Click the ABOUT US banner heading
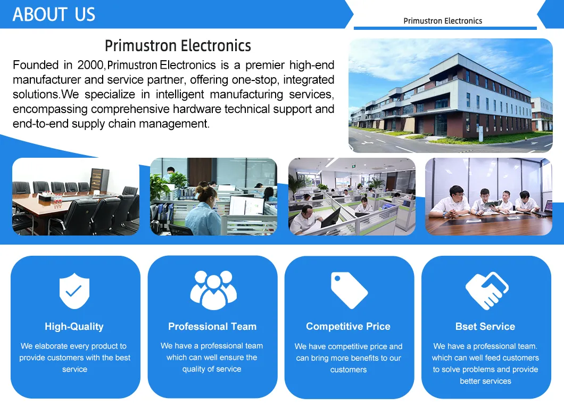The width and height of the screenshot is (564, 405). point(54,14)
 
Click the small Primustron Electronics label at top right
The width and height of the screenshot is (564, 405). point(443,21)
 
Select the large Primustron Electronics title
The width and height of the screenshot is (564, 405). point(178,46)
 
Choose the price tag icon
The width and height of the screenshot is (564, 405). point(349,290)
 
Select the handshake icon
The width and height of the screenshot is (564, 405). point(486,290)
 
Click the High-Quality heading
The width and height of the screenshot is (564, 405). point(74,327)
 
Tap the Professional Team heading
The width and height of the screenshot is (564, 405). point(212,327)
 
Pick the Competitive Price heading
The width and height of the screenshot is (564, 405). point(348,327)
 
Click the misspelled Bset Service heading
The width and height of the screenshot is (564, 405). point(485,327)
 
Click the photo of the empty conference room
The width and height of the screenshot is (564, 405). point(76,197)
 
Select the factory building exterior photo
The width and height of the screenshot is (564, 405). point(450,96)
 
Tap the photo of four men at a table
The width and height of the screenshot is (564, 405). point(488,197)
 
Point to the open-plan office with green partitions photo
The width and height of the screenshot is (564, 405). point(352,197)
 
